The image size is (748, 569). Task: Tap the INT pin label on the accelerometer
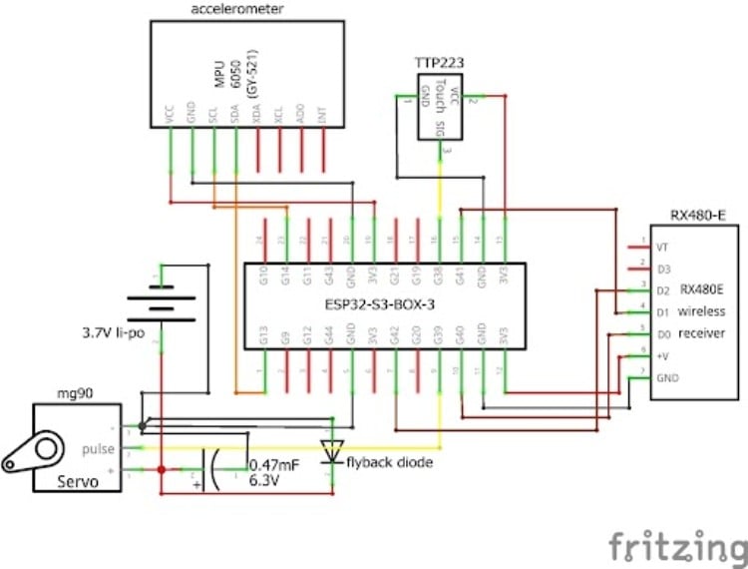[321, 117]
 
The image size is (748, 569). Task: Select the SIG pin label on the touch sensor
[441, 127]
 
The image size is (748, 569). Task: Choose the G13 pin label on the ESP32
[263, 334]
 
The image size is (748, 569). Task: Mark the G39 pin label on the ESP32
[440, 334]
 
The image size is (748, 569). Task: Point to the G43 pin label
[329, 277]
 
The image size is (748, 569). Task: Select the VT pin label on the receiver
[662, 247]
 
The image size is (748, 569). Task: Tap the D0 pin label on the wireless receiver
[662, 333]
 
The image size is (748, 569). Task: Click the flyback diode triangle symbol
[330, 447]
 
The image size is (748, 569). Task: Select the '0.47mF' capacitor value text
[272, 464]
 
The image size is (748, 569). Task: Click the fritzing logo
[677, 546]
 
